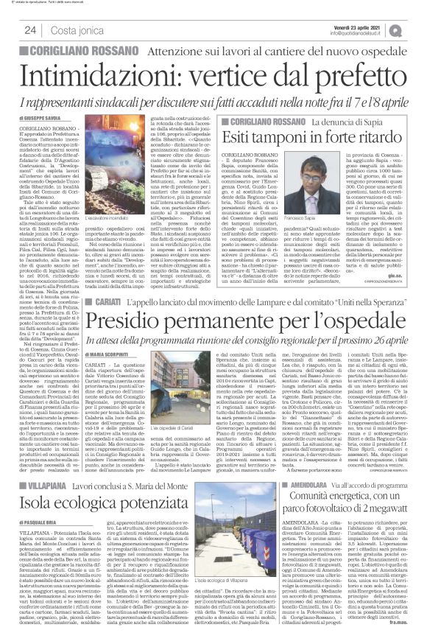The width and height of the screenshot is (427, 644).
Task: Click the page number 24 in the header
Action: (x=31, y=29)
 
